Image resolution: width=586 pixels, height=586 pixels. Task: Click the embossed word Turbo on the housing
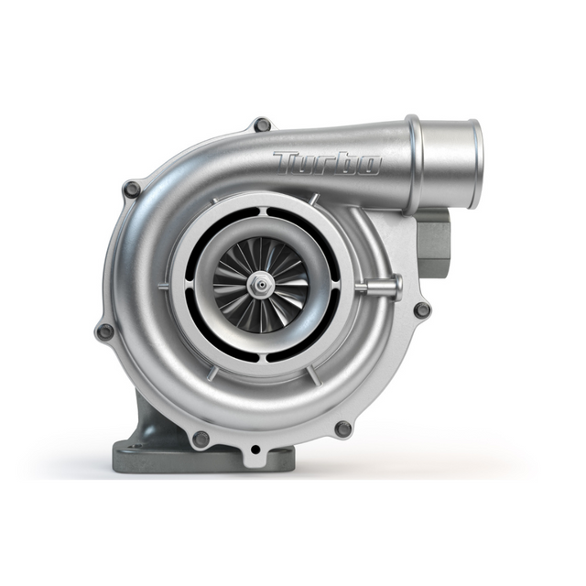point(327,163)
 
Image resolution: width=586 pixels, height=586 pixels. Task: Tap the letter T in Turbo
point(286,161)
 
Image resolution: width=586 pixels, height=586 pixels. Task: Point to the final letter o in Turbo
point(368,165)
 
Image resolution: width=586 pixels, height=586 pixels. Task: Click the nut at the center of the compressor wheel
point(263,286)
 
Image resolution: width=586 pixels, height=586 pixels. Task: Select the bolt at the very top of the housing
point(262,125)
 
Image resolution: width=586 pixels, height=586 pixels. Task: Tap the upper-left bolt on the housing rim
point(132,190)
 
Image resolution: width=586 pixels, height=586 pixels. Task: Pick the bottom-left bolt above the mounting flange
point(201,439)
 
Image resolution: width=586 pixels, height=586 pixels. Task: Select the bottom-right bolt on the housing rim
point(343,429)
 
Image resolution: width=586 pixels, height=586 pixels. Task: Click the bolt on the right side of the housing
point(422,309)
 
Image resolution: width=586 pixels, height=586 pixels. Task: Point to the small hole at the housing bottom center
point(255,450)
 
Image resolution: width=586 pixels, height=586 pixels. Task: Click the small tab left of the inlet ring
point(162,287)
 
